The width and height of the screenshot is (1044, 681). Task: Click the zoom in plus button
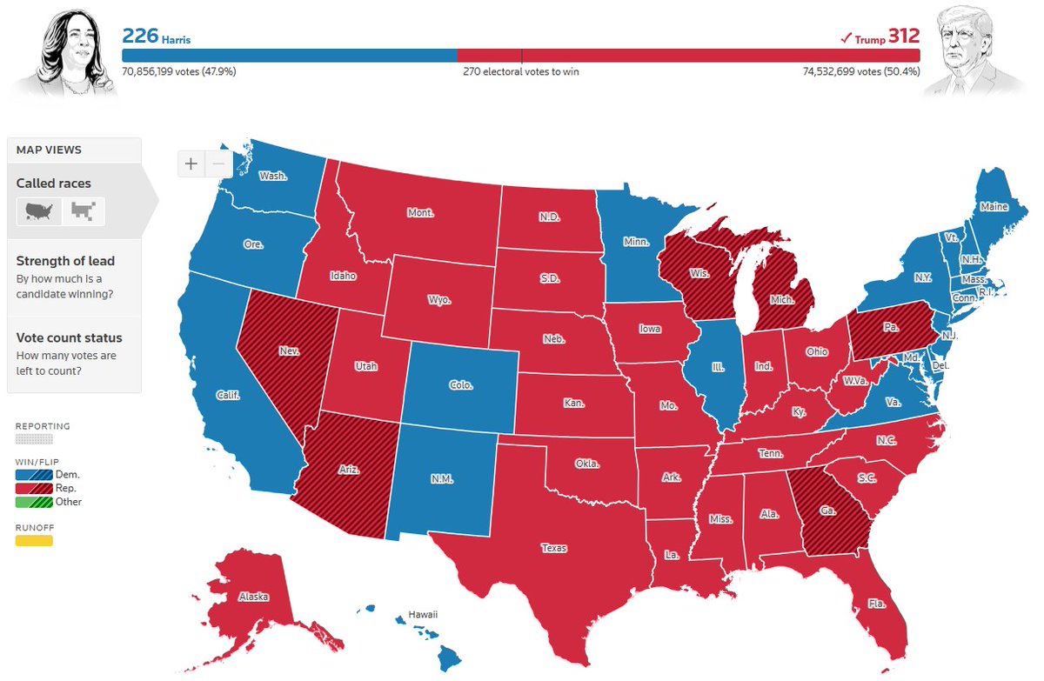pyautogui.click(x=191, y=164)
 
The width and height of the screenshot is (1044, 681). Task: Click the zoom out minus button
pyautogui.click(x=219, y=164)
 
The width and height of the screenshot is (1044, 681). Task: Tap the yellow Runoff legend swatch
pyautogui.click(x=34, y=541)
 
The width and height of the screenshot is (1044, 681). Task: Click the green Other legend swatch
pyautogui.click(x=34, y=502)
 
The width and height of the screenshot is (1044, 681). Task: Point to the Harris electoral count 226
pyautogui.click(x=139, y=36)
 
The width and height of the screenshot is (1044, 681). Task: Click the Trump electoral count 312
pyautogui.click(x=903, y=36)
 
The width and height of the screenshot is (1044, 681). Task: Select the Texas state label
pyautogui.click(x=553, y=548)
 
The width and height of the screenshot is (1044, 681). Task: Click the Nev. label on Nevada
pyautogui.click(x=290, y=352)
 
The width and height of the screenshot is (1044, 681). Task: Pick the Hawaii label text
pyautogui.click(x=423, y=615)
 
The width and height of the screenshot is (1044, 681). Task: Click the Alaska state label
pyautogui.click(x=253, y=597)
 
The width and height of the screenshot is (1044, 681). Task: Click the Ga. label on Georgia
pyautogui.click(x=827, y=511)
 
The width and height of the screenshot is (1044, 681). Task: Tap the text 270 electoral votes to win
pyautogui.click(x=520, y=72)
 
